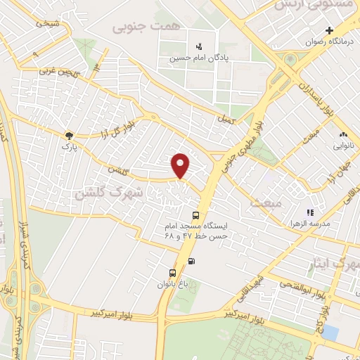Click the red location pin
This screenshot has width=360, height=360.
coord(181,165)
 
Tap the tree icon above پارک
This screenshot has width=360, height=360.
coord(68,136)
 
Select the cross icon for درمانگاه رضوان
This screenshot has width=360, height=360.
coord(329,30)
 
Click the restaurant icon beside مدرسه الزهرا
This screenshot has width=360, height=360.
coord(309,212)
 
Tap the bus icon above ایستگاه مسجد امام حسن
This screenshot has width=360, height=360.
coord(195,215)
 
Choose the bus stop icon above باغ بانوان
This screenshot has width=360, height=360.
coord(172,273)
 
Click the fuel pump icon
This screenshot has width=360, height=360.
coord(193,262)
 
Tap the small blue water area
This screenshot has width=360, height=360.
coord(330,331)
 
